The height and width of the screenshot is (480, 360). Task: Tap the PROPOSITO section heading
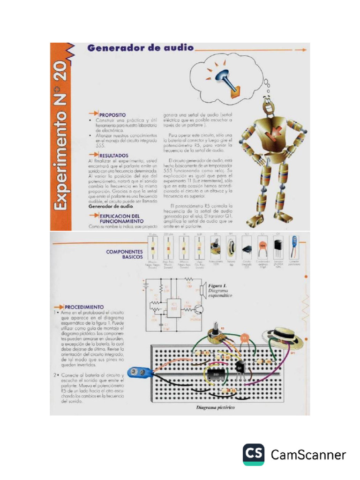[x=112, y=114]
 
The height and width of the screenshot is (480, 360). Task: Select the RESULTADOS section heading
[x=113, y=155]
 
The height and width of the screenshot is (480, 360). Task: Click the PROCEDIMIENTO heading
[x=84, y=307]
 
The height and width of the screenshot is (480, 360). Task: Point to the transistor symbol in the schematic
[x=199, y=308]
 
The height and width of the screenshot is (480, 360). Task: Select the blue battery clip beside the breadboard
[x=141, y=373]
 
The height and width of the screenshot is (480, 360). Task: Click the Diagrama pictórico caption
[x=215, y=407]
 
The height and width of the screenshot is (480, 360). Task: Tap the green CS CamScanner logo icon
[x=253, y=454]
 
